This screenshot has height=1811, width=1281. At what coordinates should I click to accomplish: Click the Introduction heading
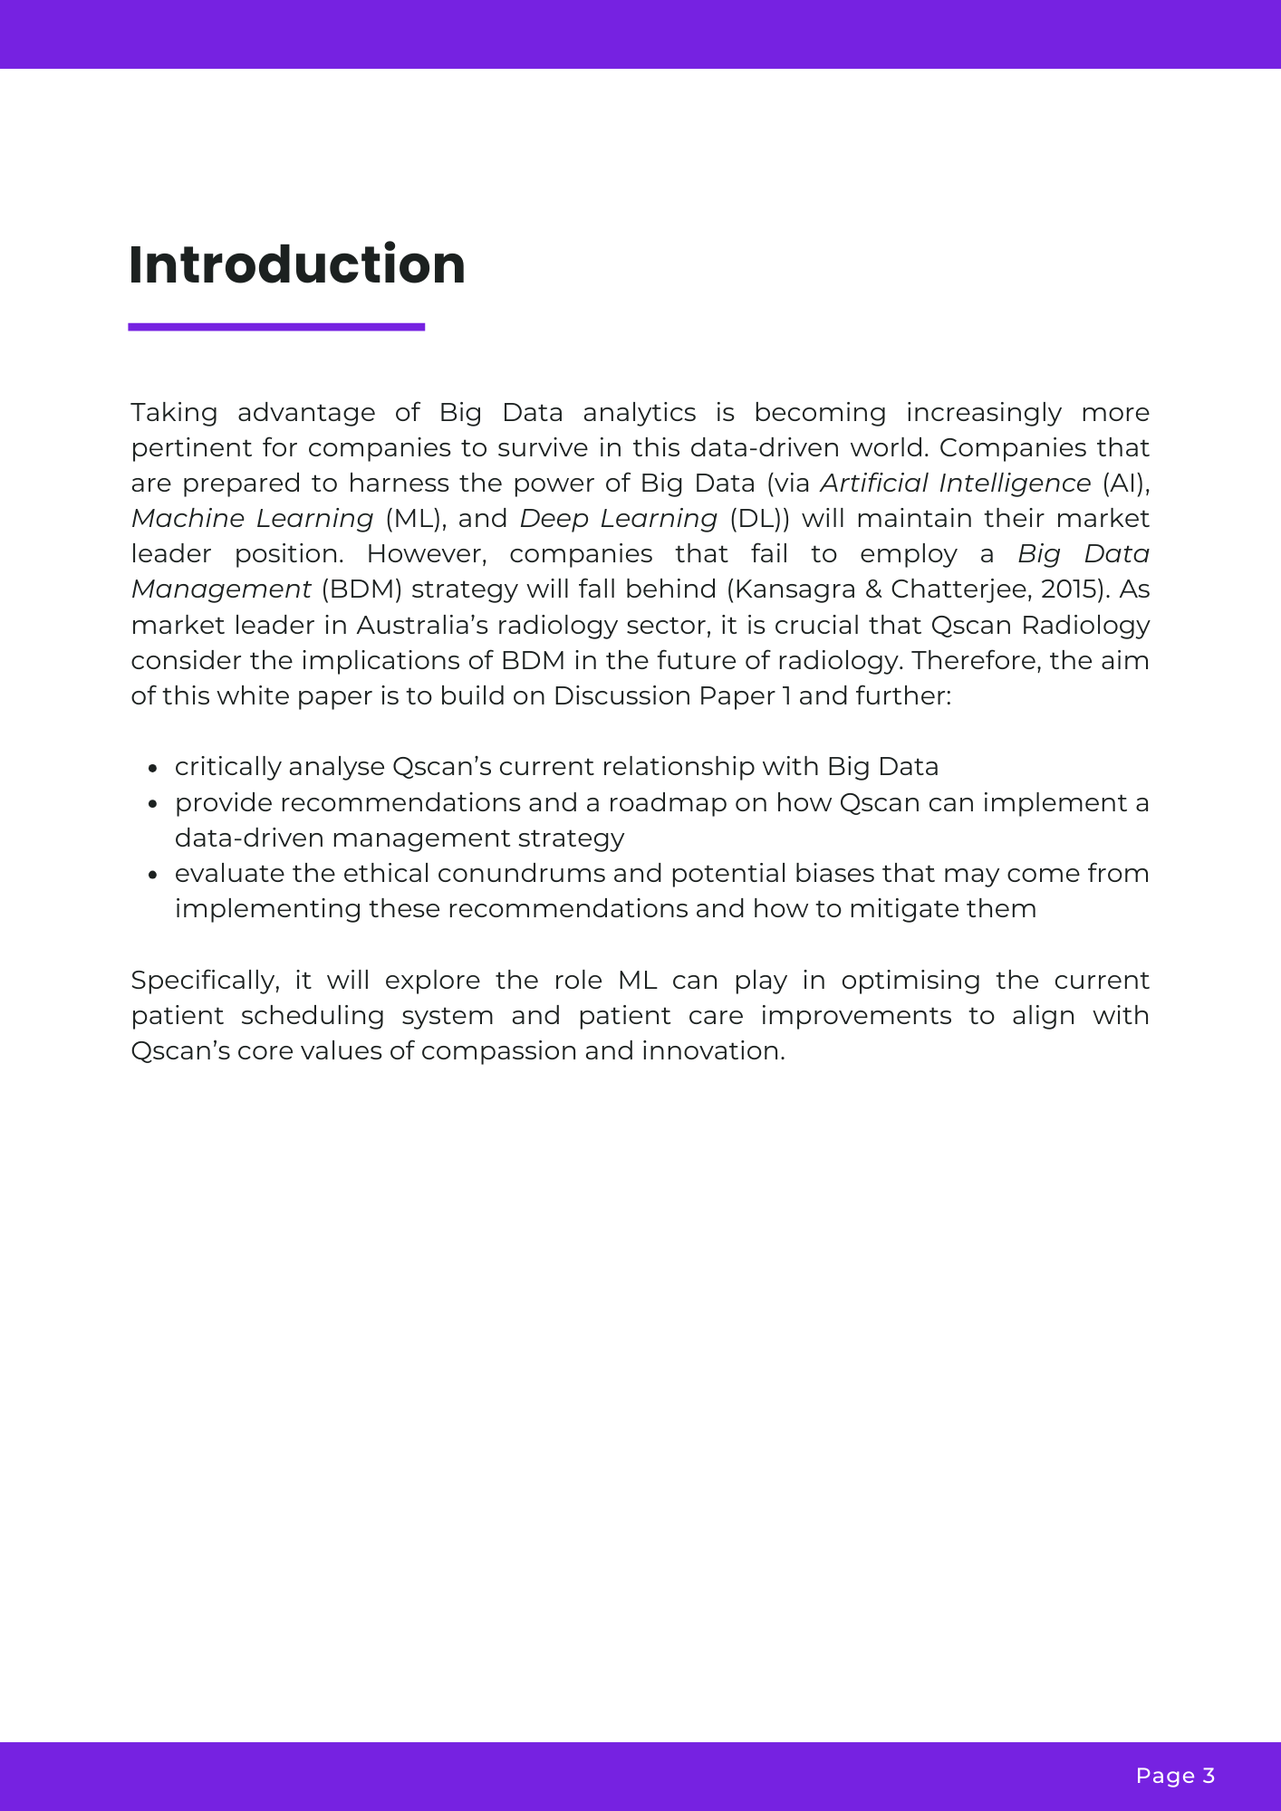pyautogui.click(x=297, y=265)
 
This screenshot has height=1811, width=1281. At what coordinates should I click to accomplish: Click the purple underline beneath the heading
pyautogui.click(x=276, y=327)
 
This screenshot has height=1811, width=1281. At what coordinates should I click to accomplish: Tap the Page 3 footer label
pyautogui.click(x=1175, y=1776)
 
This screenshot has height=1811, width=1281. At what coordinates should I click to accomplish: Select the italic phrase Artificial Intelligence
pyautogui.click(x=955, y=484)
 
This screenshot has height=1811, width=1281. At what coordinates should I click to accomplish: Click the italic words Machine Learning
pyautogui.click(x=252, y=519)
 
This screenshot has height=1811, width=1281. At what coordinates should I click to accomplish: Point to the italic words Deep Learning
pyautogui.click(x=618, y=519)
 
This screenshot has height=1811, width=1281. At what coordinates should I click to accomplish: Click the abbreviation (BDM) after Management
pyautogui.click(x=361, y=589)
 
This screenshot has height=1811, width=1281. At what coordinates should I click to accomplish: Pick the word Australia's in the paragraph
pyautogui.click(x=422, y=626)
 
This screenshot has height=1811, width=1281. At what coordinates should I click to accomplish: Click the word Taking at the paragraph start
pyautogui.click(x=174, y=413)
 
